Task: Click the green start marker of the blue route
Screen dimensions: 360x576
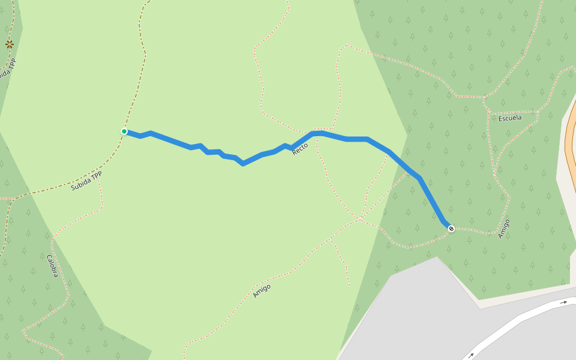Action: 124,131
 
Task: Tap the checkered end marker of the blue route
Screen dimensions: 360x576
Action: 451,229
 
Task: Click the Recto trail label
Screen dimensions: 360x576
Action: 300,149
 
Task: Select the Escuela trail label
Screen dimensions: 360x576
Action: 510,118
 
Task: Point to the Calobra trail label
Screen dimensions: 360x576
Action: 53,266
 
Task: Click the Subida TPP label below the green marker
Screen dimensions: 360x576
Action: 86,181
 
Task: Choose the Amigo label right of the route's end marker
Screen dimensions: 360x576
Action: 504,229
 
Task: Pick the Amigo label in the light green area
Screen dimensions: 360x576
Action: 262,291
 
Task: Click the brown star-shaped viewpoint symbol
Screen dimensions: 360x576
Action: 9,44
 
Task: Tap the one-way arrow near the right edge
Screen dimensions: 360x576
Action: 563,302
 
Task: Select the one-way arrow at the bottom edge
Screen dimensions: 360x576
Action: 471,356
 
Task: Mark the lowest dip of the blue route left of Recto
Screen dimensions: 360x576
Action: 242,163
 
